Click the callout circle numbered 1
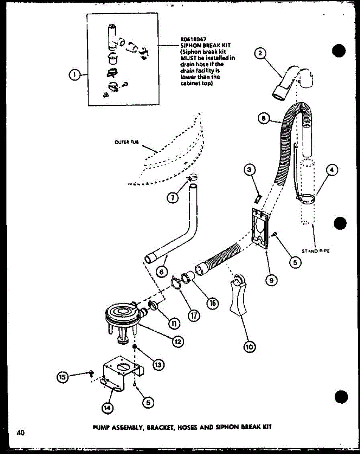(x=74, y=75)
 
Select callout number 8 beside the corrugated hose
(x=264, y=119)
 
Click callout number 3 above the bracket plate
(x=248, y=170)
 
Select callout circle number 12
(x=177, y=341)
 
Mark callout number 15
(x=63, y=376)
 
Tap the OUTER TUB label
(x=127, y=142)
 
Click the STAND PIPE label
(x=316, y=251)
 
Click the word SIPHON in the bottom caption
(x=225, y=426)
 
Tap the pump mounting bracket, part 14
(x=121, y=369)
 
